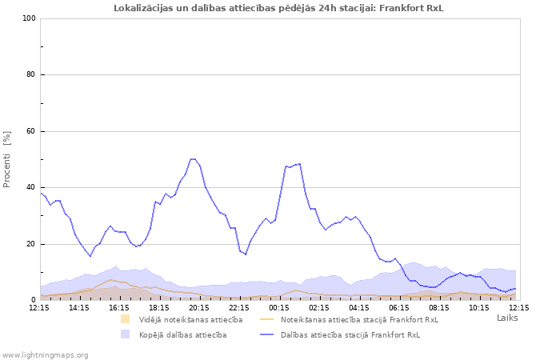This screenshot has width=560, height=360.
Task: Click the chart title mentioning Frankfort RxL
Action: click(278, 8)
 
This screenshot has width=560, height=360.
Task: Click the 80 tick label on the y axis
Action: click(31, 75)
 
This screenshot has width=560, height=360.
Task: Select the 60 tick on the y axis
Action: click(31, 131)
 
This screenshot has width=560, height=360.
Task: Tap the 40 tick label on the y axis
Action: click(31, 188)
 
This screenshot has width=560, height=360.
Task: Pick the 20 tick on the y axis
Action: click(31, 244)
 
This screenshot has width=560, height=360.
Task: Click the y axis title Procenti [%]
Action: click(7, 159)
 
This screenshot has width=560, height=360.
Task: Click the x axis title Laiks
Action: click(507, 318)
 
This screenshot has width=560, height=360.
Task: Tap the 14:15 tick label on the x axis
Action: click(79, 307)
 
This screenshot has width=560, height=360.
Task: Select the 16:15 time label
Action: click(119, 307)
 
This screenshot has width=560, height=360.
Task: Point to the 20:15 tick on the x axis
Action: click(199, 307)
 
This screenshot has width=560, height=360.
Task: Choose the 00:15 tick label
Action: click(279, 307)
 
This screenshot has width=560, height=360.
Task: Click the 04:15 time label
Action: click(359, 307)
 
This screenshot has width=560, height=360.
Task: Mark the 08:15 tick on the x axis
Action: click(439, 307)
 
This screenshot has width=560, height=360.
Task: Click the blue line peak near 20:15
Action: click(193, 159)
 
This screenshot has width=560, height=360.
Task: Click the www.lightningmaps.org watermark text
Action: click(45, 354)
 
